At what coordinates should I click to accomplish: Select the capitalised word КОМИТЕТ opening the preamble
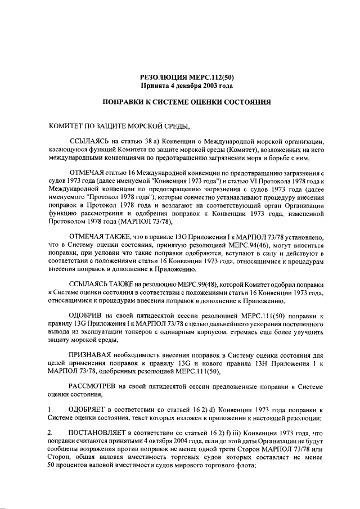(x=67, y=125)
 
